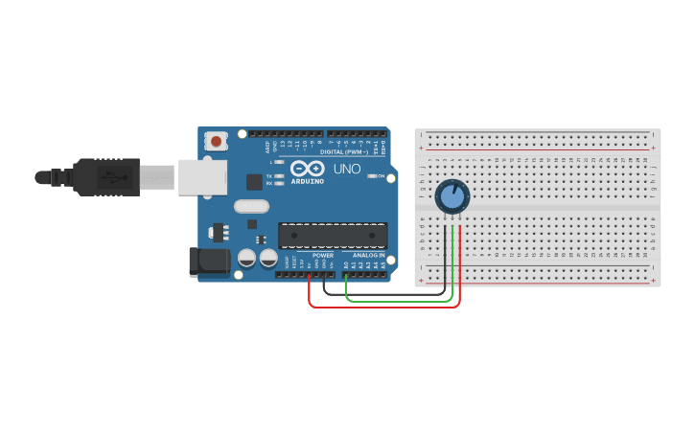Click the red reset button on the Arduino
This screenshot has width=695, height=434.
[x=217, y=142]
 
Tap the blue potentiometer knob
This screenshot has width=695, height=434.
[x=452, y=197]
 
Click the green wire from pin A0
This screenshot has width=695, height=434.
[x=398, y=300]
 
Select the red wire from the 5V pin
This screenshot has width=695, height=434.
[x=383, y=307]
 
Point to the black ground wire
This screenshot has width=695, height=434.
[x=383, y=293]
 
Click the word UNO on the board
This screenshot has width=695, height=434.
[x=347, y=170]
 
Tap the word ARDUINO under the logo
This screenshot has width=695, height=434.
[x=308, y=181]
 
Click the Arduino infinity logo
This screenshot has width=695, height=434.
[x=308, y=169]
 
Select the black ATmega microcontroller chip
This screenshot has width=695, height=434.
[x=333, y=235]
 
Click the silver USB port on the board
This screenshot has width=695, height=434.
[x=202, y=177]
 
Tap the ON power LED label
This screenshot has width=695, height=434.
[x=381, y=176]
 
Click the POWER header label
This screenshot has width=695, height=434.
[x=323, y=256]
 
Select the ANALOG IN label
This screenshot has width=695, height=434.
[x=369, y=256]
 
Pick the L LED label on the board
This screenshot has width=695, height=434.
[x=270, y=163]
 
